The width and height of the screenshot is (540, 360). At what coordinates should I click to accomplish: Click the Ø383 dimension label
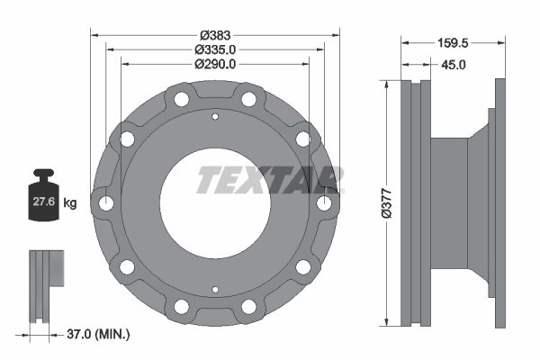215,35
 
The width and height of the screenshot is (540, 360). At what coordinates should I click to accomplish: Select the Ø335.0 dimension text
215,49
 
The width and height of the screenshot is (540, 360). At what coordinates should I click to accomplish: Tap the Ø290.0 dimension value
215,64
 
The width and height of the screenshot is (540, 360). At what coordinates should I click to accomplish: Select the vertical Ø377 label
386,202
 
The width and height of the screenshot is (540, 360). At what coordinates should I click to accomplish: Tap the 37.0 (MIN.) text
98,335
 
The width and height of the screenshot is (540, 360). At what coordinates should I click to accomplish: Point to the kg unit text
70,203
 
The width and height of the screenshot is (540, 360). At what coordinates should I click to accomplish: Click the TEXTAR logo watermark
268,180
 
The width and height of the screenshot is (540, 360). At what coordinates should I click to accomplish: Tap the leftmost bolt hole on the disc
107,203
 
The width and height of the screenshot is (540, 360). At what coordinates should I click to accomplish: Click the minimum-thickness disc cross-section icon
45,285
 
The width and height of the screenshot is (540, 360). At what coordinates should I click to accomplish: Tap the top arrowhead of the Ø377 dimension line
387,84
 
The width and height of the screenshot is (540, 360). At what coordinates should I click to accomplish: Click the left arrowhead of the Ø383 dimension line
94,35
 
